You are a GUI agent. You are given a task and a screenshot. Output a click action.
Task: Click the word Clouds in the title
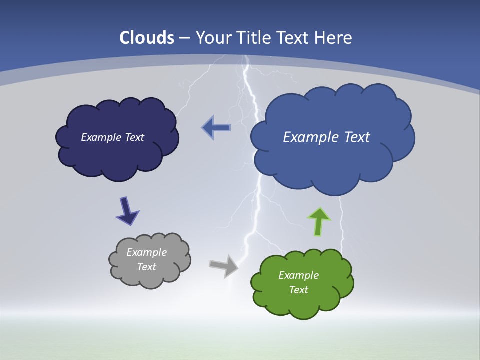(147, 38)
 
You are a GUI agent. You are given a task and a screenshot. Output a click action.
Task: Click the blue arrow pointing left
(216, 128)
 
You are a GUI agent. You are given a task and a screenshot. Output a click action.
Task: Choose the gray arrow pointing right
(224, 265)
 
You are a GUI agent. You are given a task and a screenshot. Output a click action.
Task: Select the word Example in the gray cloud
(147, 252)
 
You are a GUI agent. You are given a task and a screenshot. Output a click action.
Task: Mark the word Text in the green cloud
(298, 290)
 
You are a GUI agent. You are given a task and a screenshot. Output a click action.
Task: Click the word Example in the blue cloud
(311, 137)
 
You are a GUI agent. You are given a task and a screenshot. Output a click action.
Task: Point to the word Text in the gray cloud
(147, 267)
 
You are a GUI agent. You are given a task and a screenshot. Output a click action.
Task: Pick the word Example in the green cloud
(298, 275)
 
